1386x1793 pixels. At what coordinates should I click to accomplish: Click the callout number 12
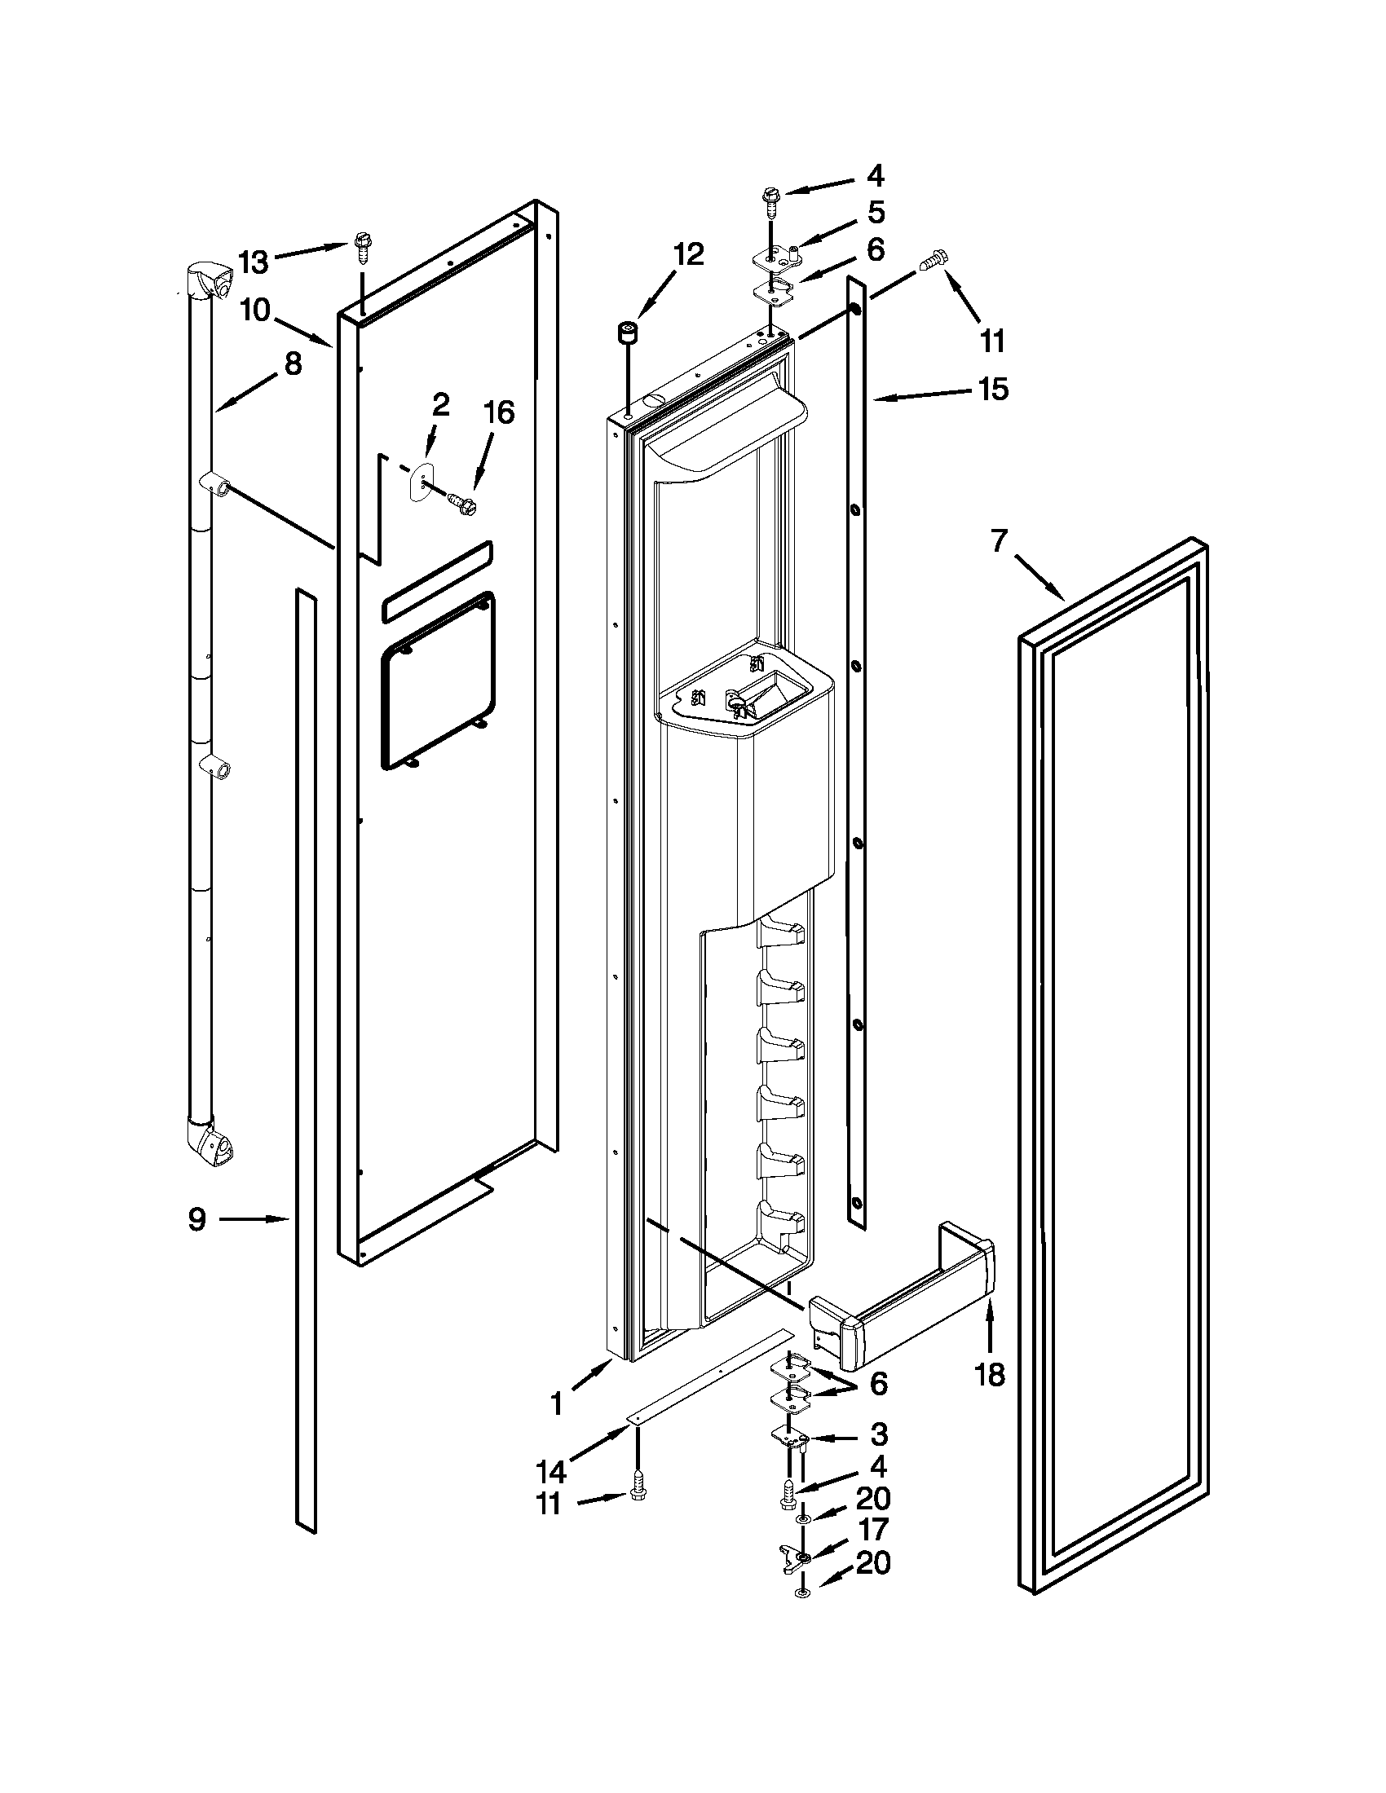click(688, 254)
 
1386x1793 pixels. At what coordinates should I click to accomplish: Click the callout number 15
click(994, 389)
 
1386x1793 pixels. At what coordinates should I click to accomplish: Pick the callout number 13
click(254, 262)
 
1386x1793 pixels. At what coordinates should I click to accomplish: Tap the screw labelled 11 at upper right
click(931, 261)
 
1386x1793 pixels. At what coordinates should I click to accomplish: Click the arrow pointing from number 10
click(305, 331)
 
